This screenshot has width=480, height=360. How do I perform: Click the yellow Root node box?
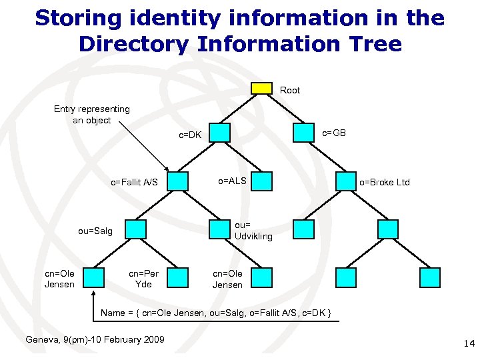[262, 89]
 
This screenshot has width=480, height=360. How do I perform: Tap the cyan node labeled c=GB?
[303, 133]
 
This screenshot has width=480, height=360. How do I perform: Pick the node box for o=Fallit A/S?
[177, 181]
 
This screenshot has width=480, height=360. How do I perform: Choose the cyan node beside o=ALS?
[262, 181]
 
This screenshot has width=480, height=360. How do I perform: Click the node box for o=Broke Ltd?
[345, 181]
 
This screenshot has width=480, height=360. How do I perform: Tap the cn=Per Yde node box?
[177, 277]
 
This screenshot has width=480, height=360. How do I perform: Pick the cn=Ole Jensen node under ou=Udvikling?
[262, 277]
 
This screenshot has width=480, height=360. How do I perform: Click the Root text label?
[290, 90]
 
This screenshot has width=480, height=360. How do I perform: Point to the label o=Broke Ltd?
[385, 182]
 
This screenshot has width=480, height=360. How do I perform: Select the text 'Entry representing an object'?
[92, 115]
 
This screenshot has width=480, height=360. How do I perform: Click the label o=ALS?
[233, 181]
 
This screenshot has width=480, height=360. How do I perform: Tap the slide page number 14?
[467, 343]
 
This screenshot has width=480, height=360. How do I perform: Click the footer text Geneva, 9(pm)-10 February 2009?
[95, 339]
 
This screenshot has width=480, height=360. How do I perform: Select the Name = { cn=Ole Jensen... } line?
[216, 313]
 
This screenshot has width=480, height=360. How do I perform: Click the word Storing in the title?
[75, 18]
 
